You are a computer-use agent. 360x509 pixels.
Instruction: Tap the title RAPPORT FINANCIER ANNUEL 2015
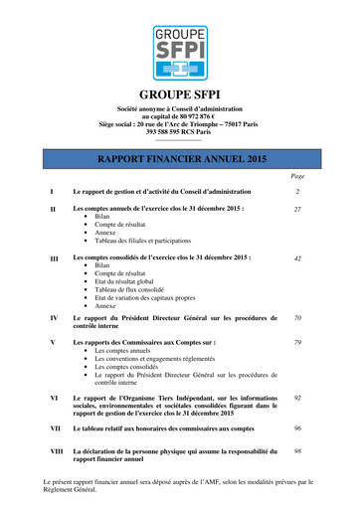click(179, 158)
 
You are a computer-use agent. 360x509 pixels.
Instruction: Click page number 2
click(297, 190)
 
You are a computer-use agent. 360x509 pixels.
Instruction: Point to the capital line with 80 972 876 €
click(179, 114)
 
